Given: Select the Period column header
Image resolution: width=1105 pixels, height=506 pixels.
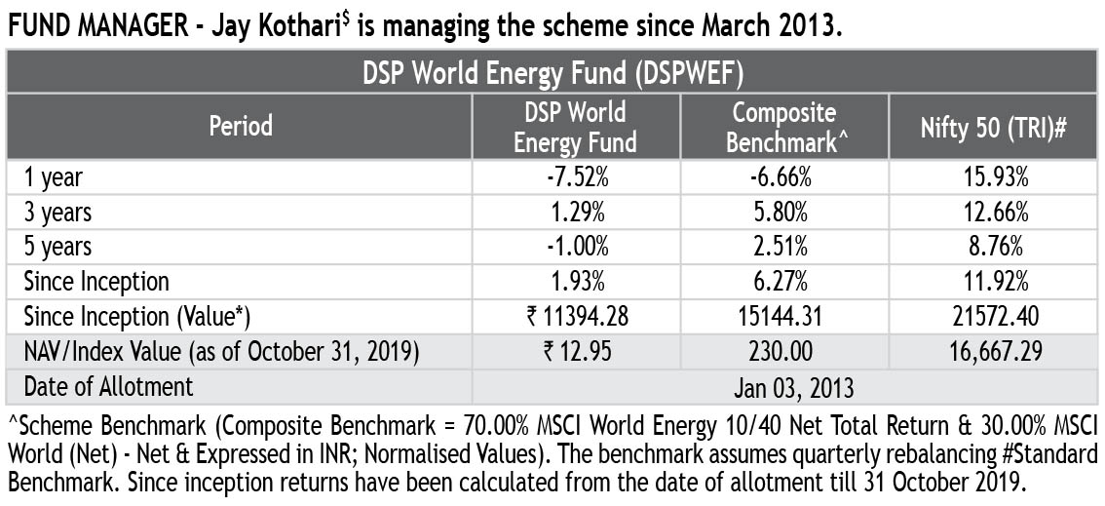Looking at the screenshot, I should pyautogui.click(x=241, y=126).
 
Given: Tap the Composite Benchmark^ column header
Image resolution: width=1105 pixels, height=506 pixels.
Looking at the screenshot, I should pyautogui.click(x=784, y=126).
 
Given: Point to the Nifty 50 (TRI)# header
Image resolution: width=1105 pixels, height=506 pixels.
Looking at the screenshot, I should pyautogui.click(x=994, y=126).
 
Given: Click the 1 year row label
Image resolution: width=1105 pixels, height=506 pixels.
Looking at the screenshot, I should pyautogui.click(x=54, y=177).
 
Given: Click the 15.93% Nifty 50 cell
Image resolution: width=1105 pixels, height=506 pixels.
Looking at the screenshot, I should pyautogui.click(x=994, y=177).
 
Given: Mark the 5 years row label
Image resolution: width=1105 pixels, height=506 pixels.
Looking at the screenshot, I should pyautogui.click(x=57, y=247).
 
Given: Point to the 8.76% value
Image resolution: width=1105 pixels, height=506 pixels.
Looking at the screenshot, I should pyautogui.click(x=994, y=247).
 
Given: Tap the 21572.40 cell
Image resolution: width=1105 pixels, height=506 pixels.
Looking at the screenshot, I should pyautogui.click(x=994, y=317).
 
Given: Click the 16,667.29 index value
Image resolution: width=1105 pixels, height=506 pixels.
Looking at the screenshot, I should pyautogui.click(x=994, y=352).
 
